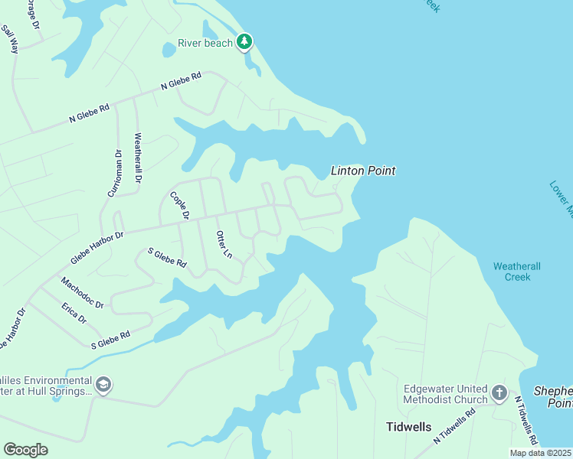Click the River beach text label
click(x=205, y=43)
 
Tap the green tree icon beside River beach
click(x=244, y=41)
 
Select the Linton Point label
click(x=363, y=171)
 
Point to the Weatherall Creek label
click(x=517, y=272)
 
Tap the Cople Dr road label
click(x=180, y=205)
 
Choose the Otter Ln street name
click(x=224, y=244)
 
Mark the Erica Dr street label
click(x=74, y=313)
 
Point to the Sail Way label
click(x=10, y=39)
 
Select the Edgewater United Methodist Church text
click(x=446, y=394)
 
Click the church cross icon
click(x=499, y=394)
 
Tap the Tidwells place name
click(x=408, y=427)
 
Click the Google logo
click(x=25, y=450)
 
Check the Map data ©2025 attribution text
click(x=541, y=453)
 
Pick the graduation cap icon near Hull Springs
click(x=103, y=384)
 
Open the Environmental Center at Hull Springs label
click(x=46, y=386)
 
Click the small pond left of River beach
click(x=169, y=50)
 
